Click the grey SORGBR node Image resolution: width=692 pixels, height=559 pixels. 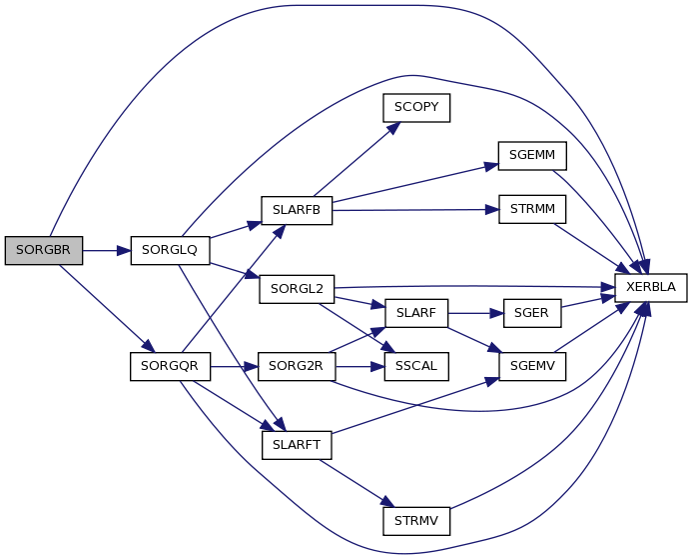[x=44, y=251]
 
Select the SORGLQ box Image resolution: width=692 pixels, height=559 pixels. [x=170, y=251]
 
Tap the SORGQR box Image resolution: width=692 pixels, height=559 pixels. [x=170, y=366]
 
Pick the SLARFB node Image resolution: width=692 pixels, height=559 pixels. [x=297, y=210]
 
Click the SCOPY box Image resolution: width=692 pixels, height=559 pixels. [x=416, y=108]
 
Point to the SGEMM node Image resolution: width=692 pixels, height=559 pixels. [x=532, y=156]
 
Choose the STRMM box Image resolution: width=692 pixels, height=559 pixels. [x=532, y=209]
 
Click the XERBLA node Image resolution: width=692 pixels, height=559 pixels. [x=651, y=288]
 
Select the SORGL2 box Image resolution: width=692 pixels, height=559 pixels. [x=297, y=289]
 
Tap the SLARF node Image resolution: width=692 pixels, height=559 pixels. [x=416, y=313]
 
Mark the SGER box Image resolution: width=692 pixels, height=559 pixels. [x=532, y=313]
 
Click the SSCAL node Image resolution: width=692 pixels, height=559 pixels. [x=416, y=366]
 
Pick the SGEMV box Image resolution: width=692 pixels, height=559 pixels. [x=532, y=366]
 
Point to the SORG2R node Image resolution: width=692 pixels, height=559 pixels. [x=297, y=366]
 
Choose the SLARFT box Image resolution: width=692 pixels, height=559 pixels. [x=297, y=445]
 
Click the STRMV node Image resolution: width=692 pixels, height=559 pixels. [x=416, y=521]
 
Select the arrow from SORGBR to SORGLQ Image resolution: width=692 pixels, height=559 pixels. [x=107, y=251]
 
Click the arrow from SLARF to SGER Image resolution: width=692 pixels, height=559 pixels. [x=475, y=313]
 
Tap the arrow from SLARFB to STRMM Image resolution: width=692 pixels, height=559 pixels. [x=415, y=210]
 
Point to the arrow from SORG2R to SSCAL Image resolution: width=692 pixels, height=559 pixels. [x=360, y=366]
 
